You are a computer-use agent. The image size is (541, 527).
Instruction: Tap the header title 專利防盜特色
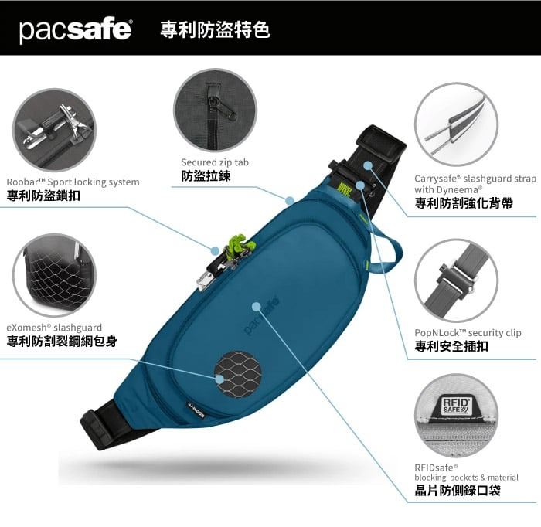click(x=215, y=29)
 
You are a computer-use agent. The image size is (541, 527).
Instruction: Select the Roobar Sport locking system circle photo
click(x=55, y=130)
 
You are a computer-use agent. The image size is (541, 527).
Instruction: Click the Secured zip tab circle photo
click(x=215, y=110)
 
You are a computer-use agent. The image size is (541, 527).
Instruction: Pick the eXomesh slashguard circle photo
click(x=55, y=275)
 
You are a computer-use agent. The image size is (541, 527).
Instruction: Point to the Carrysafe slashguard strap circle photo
click(x=456, y=124)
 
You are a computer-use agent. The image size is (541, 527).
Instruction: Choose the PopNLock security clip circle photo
click(x=456, y=280)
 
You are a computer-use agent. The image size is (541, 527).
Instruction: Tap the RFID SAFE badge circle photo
click(x=456, y=416)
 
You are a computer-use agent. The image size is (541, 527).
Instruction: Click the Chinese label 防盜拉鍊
click(x=206, y=176)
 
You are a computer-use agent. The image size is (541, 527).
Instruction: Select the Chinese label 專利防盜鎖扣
click(x=43, y=196)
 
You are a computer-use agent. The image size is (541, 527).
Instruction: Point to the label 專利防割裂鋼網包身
click(x=62, y=342)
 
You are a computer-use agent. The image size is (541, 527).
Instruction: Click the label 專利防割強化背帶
click(x=464, y=203)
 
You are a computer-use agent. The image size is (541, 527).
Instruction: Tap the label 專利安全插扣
click(x=451, y=346)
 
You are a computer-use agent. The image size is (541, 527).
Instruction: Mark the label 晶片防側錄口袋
click(x=458, y=491)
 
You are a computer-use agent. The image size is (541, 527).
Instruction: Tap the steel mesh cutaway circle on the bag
click(x=238, y=376)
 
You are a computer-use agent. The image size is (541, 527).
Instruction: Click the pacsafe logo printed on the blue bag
click(x=261, y=316)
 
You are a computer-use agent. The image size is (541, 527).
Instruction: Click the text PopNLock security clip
click(x=468, y=333)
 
